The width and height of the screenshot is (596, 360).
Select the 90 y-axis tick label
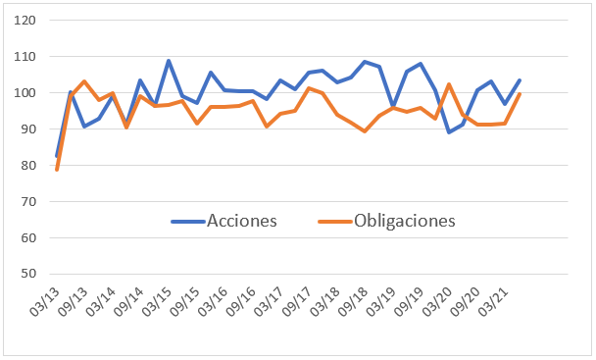(28, 129)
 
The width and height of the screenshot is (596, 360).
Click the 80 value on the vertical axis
(28, 166)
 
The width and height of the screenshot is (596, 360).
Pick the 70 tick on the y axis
(28, 202)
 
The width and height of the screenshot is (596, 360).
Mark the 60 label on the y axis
(28, 238)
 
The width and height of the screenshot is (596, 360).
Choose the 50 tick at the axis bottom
(28, 275)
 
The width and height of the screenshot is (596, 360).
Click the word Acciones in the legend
(242, 221)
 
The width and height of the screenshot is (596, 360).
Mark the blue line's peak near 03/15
(169, 61)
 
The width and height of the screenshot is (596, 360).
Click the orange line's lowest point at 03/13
(57, 170)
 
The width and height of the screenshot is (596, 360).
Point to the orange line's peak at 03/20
(449, 84)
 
